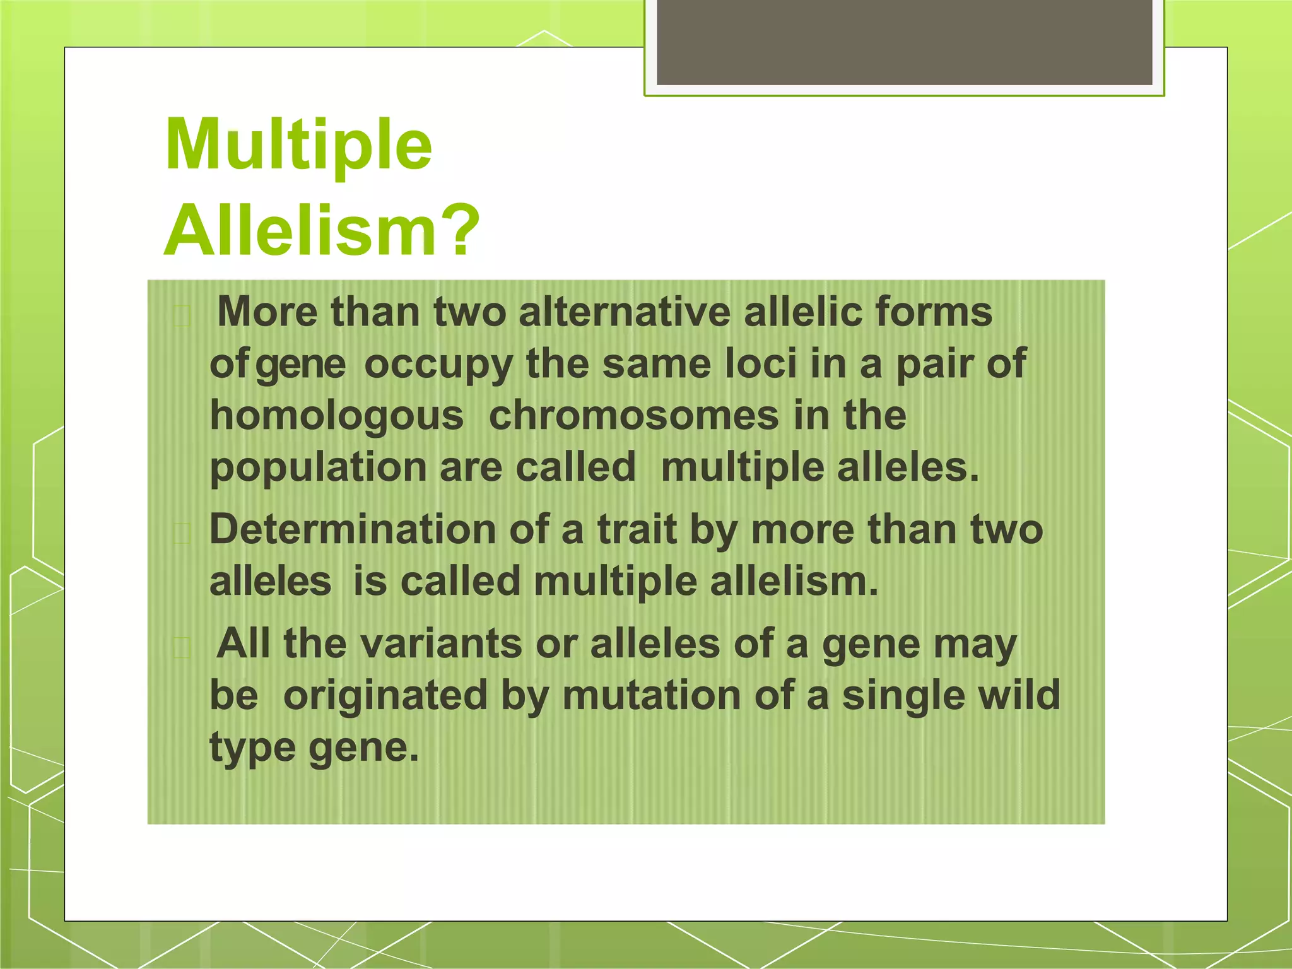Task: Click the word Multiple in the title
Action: tap(298, 146)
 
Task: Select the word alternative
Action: tap(624, 312)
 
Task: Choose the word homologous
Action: tap(336, 417)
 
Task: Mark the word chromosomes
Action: tap(634, 416)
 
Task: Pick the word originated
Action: tap(385, 695)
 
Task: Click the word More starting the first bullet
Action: tap(267, 312)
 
